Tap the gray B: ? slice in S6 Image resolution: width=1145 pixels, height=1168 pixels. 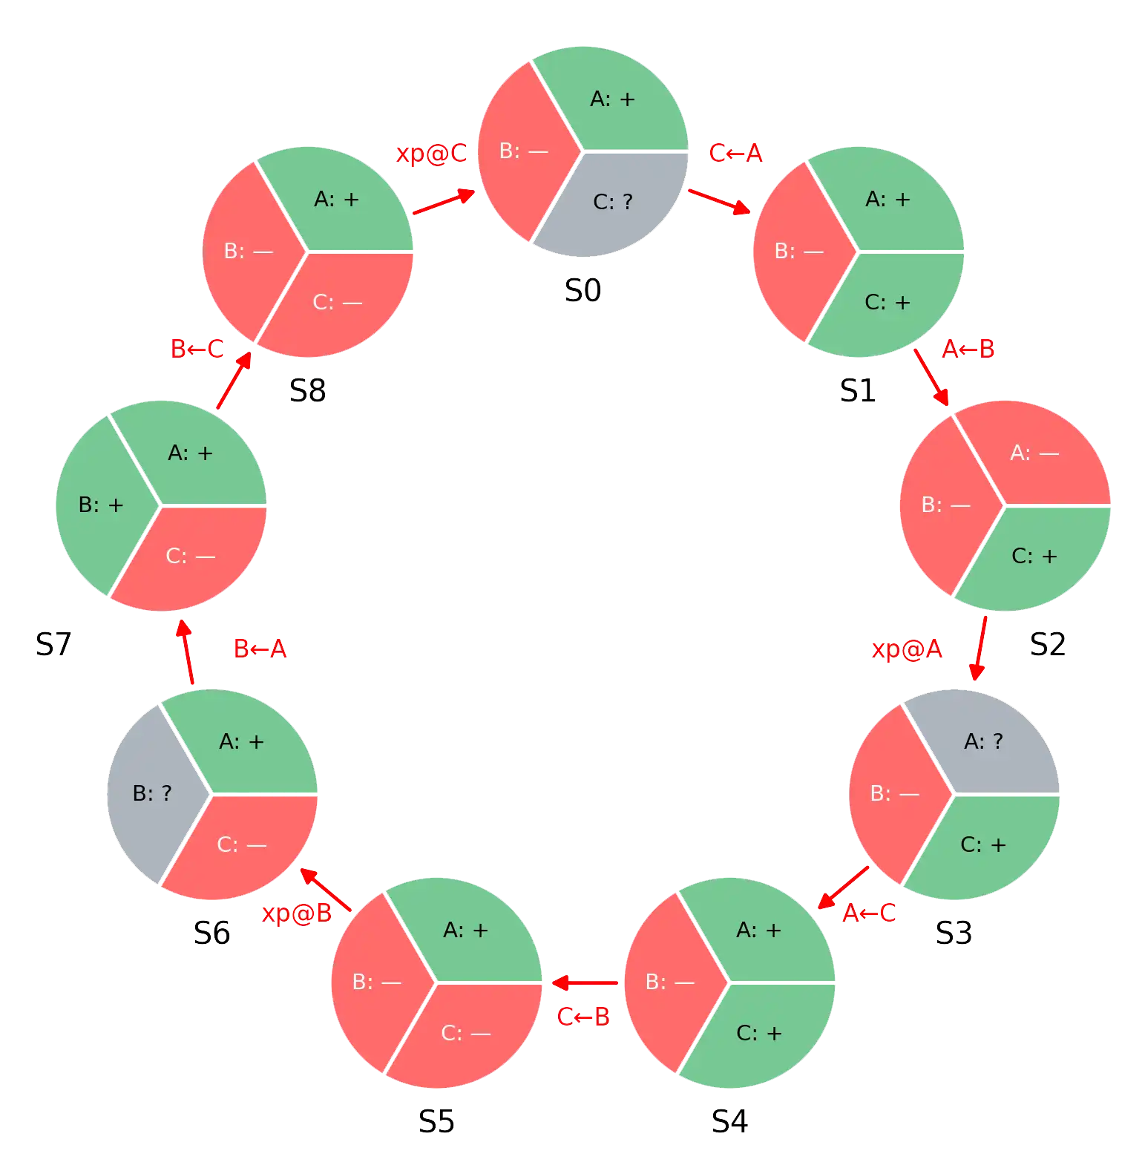(152, 793)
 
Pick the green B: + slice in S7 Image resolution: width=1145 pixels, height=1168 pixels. (101, 505)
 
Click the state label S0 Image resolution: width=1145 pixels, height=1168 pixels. (583, 290)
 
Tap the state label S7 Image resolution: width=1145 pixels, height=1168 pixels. (53, 644)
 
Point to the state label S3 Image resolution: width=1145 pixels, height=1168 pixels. (954, 933)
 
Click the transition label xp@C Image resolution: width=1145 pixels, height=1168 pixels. (431, 153)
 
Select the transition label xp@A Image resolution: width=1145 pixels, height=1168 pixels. (907, 649)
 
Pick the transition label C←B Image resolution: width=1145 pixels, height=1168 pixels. (583, 1016)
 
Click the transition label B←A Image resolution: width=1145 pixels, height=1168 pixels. (260, 649)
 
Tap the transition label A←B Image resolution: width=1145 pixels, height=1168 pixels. (968, 349)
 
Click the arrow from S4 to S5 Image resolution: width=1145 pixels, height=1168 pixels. (585, 983)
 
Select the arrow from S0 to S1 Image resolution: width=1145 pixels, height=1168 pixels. (720, 202)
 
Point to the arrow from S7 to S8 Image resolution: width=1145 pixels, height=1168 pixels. (234, 380)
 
